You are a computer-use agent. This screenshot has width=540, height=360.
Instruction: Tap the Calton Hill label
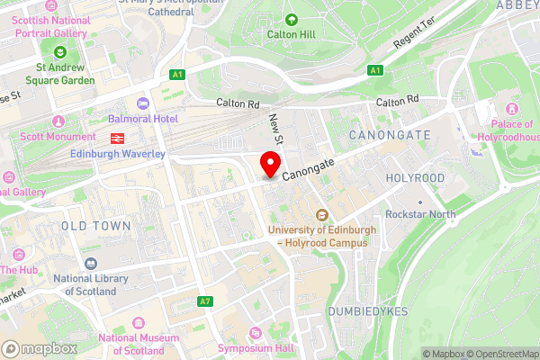pos(290,33)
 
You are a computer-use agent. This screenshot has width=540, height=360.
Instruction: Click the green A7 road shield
pos(206,301)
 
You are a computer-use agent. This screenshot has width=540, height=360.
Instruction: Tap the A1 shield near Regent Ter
pos(375,70)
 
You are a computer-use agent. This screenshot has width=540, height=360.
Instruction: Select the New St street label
pos(276,128)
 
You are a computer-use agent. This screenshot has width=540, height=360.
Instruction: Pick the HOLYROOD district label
pos(415,178)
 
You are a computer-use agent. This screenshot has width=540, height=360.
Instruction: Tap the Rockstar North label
pos(420,214)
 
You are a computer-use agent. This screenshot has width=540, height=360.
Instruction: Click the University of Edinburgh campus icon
pos(321,214)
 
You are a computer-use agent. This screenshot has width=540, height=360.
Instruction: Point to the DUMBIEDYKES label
pos(369,310)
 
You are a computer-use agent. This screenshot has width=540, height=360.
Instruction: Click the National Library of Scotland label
pos(85,285)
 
